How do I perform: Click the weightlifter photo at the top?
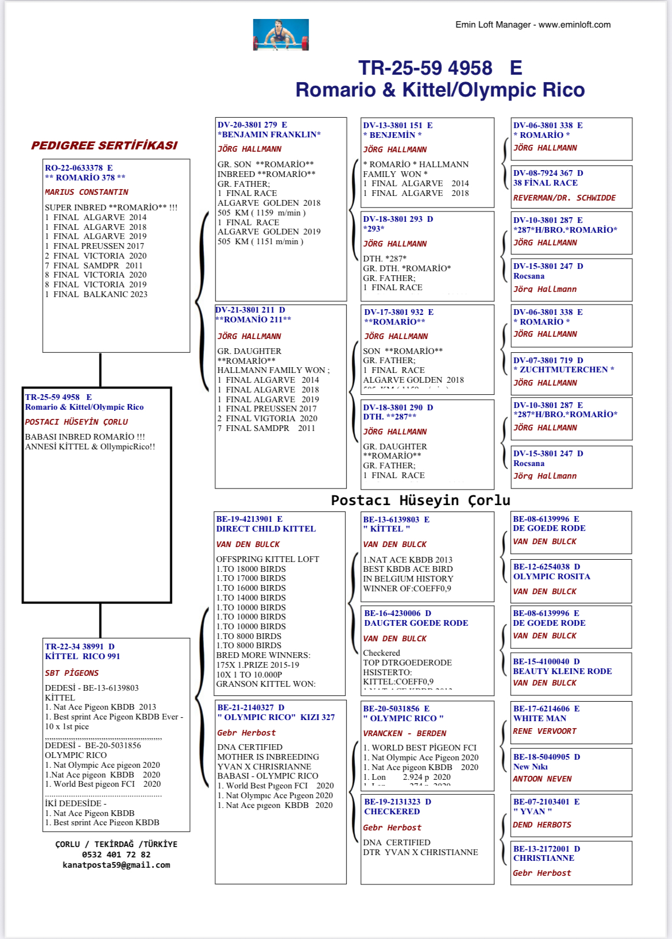tap(281, 34)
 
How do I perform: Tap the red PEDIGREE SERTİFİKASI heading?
tap(105, 145)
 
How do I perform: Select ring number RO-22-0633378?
tap(74, 168)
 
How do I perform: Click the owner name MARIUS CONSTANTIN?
tap(87, 192)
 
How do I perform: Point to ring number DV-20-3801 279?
tap(248, 125)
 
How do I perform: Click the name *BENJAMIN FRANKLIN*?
tap(269, 134)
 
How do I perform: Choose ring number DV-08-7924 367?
tap(543, 173)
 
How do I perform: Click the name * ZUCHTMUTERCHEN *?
tap(564, 370)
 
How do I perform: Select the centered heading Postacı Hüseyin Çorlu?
tap(420, 501)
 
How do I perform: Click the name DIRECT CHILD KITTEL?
tap(266, 529)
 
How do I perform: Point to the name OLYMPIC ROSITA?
tap(552, 576)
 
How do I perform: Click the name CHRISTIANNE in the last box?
tap(544, 858)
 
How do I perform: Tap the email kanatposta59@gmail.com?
tap(116, 865)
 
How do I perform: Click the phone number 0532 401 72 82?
tap(116, 855)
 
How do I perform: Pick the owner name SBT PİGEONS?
tap(72, 673)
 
